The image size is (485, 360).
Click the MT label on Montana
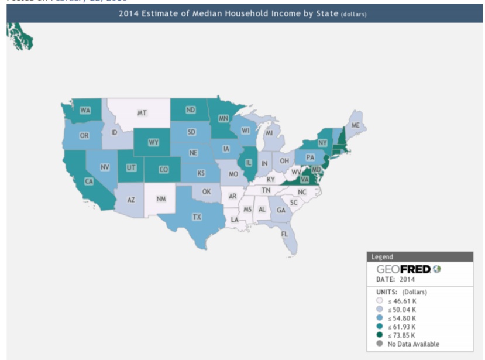(142, 113)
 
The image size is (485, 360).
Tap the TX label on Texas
(197, 217)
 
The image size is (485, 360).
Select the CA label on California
(89, 181)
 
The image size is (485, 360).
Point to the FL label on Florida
(284, 234)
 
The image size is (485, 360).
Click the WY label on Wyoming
(154, 142)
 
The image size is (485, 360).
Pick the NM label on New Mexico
(161, 199)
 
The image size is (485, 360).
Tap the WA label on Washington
(85, 110)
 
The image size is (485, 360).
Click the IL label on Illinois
(249, 163)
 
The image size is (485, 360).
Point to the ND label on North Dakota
(191, 110)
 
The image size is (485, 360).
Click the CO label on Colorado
(164, 170)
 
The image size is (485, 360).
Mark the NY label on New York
(322, 143)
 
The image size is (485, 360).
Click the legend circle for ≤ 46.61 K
(379, 301)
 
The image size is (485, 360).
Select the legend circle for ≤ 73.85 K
(379, 335)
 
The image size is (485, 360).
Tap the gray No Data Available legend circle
(379, 344)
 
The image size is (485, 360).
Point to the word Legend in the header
(383, 256)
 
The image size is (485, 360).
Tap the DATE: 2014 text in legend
(395, 279)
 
